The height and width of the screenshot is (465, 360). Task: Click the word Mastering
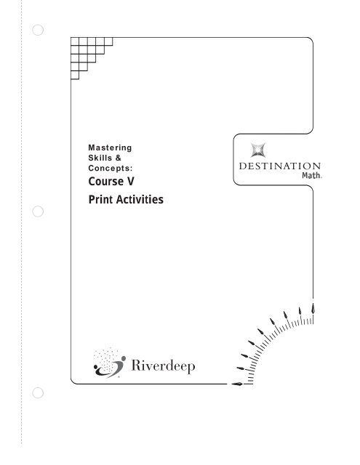(x=110, y=148)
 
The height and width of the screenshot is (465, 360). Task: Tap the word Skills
(x=100, y=158)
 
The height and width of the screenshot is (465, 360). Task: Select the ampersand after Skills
(x=119, y=158)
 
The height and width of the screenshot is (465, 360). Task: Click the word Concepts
(x=110, y=168)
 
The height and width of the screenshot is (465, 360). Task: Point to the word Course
(x=106, y=181)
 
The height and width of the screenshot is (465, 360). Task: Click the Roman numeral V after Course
(x=131, y=181)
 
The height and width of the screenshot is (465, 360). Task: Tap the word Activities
(x=140, y=199)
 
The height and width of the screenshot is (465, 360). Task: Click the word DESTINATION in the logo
(x=280, y=166)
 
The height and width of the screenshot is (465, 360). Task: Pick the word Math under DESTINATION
(x=311, y=175)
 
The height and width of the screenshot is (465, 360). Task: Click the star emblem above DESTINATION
(x=257, y=150)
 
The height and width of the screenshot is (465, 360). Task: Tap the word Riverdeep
(x=163, y=365)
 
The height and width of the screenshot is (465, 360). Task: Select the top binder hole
(x=38, y=30)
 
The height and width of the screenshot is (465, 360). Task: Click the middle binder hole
(x=38, y=211)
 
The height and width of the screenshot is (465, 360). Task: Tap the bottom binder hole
(x=38, y=393)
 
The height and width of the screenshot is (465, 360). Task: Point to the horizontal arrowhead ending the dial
(x=237, y=384)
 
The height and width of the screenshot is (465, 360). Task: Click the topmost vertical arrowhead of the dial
(x=313, y=308)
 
